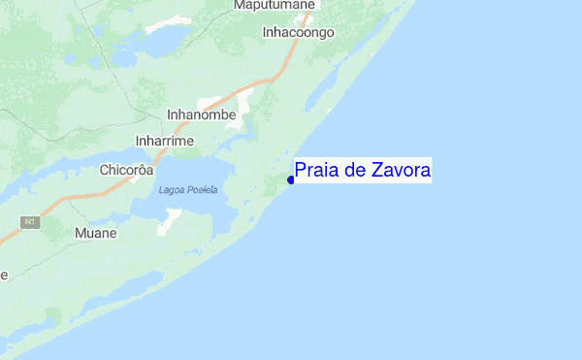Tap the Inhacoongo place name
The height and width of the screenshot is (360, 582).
pyautogui.click(x=298, y=32)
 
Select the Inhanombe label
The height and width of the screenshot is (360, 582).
pyautogui.click(x=202, y=115)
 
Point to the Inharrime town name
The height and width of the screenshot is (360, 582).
pyautogui.click(x=165, y=142)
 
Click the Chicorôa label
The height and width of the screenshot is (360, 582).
pyautogui.click(x=127, y=170)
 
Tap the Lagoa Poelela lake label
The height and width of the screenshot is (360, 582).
pyautogui.click(x=188, y=189)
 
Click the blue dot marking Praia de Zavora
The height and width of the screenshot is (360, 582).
pyautogui.click(x=290, y=180)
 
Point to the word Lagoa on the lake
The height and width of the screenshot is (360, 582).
pyautogui.click(x=170, y=189)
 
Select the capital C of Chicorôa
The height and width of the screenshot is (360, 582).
pyautogui.click(x=105, y=170)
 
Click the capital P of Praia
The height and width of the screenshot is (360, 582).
pyautogui.click(x=301, y=171)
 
